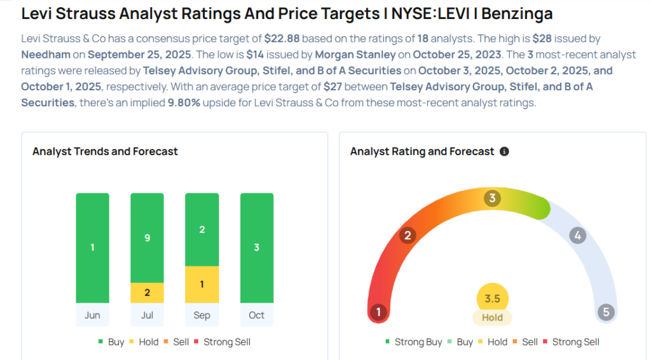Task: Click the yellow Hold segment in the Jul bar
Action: (147, 293)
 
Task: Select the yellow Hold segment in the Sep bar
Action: (202, 284)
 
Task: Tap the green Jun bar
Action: (92, 248)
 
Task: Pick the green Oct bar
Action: (256, 248)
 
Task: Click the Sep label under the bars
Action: (202, 315)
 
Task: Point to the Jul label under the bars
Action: (147, 315)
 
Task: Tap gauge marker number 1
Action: (379, 312)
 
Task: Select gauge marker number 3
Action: (491, 198)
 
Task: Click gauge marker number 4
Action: (577, 236)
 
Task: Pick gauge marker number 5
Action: (606, 312)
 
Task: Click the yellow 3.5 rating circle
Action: (492, 299)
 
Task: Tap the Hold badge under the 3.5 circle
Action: (492, 317)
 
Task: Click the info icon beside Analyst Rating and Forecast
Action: (504, 152)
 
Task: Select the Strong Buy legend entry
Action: (413, 342)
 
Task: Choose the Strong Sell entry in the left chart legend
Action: (226, 342)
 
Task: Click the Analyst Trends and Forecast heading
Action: (105, 151)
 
